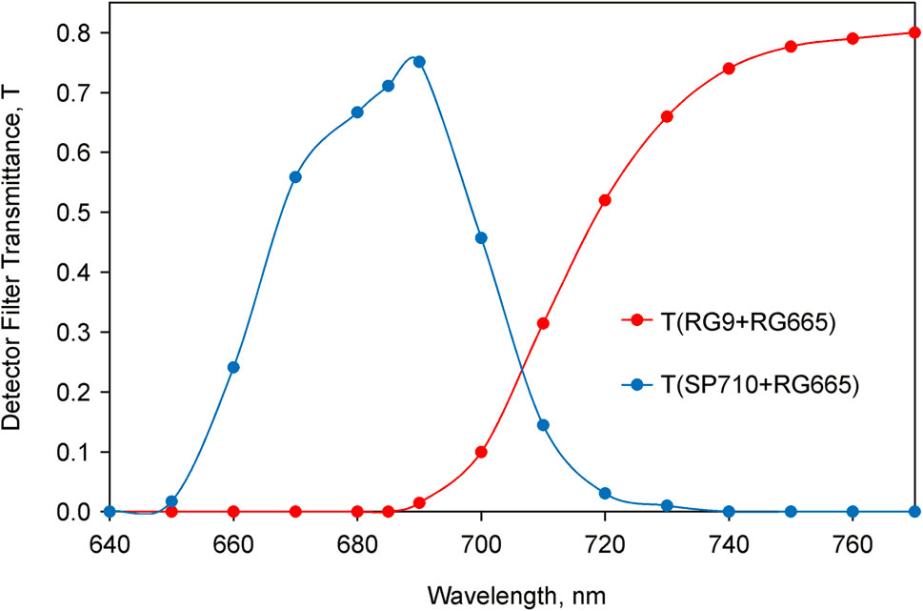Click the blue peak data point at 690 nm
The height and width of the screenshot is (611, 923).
click(419, 62)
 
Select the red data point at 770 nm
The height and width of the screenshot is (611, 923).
click(914, 32)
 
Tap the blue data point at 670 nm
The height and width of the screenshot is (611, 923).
click(295, 177)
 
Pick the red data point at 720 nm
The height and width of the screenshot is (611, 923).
click(605, 200)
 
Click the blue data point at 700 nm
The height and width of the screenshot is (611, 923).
click(481, 237)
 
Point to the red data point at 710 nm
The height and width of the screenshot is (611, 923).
click(543, 323)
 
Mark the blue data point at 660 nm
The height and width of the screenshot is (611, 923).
click(233, 367)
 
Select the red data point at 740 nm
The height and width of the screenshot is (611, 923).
click(729, 69)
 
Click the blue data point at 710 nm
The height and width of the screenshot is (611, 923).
click(543, 425)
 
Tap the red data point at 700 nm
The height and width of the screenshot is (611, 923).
click(481, 452)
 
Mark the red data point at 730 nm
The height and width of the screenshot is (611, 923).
click(667, 116)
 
